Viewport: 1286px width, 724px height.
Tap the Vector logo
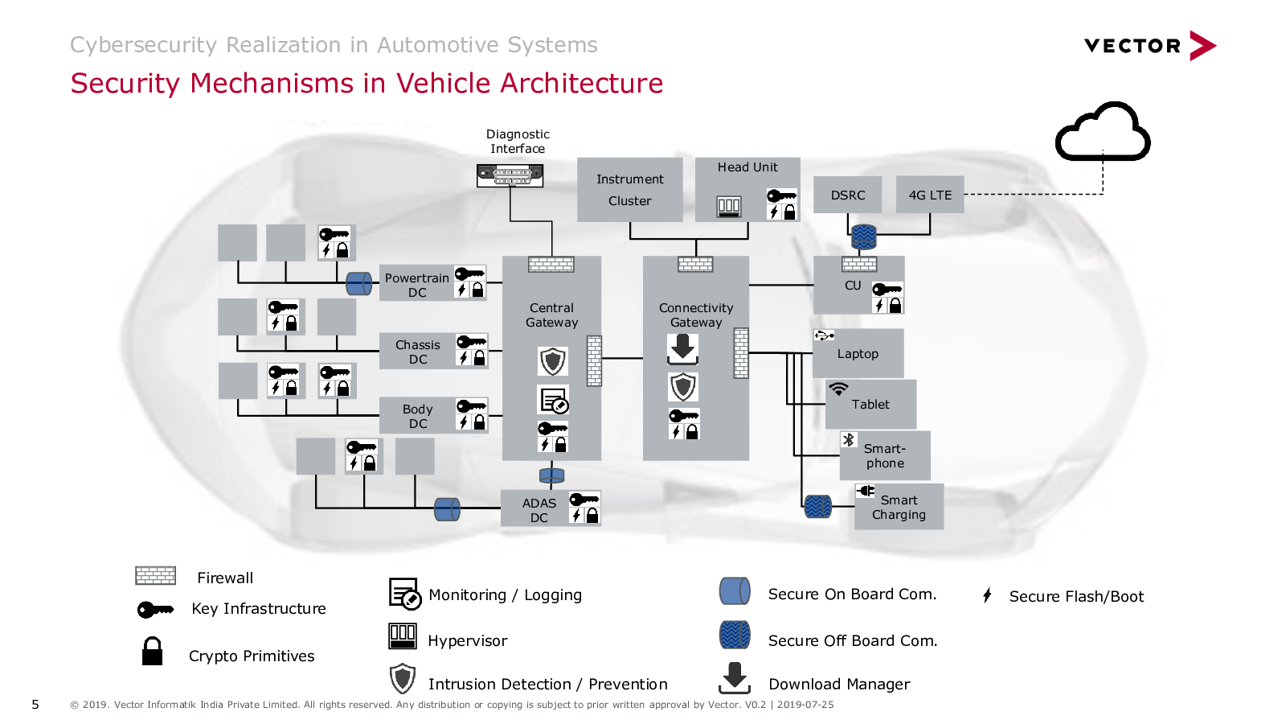point(1150,45)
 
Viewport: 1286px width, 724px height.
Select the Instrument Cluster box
point(630,190)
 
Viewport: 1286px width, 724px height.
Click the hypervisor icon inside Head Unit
point(728,206)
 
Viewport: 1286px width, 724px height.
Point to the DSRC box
point(847,195)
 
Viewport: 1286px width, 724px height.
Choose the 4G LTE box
point(930,195)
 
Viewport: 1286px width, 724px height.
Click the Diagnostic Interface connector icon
point(510,175)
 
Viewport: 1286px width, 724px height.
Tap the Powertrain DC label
point(417,285)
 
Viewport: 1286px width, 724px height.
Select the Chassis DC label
point(417,352)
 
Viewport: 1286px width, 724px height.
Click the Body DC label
point(417,416)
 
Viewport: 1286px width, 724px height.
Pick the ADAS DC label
point(539,510)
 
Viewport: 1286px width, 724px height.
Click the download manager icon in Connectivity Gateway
point(682,349)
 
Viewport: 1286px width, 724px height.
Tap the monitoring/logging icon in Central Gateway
point(554,400)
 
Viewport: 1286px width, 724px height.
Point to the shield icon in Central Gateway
point(553,361)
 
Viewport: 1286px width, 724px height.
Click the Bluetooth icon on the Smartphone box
point(849,440)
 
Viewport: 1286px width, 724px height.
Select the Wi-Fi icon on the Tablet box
point(838,389)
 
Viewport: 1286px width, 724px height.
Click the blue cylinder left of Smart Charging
point(817,507)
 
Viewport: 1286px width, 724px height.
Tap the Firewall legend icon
point(156,575)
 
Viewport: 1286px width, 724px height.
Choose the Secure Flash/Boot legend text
point(1076,596)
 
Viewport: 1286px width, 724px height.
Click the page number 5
point(35,705)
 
